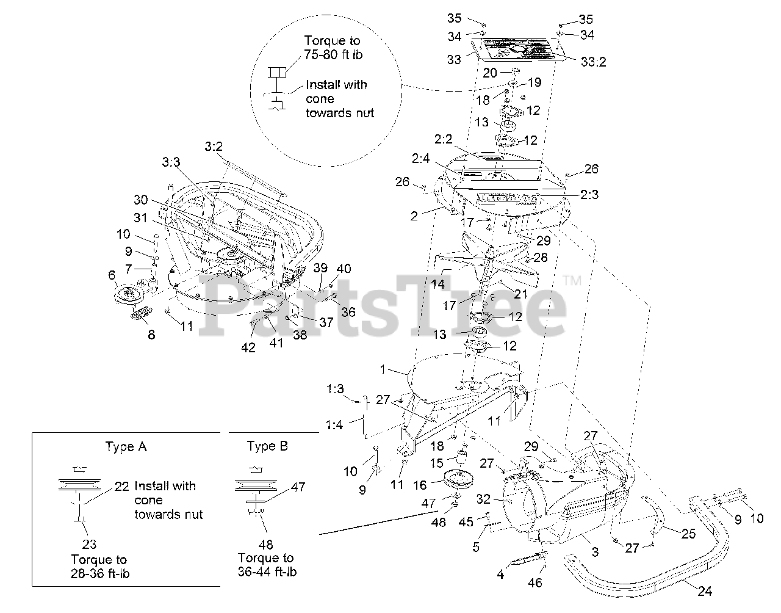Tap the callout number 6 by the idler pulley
(x=112, y=275)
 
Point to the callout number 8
(x=151, y=334)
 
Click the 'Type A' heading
(x=126, y=446)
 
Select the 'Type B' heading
(x=267, y=446)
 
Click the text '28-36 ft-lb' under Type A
(x=100, y=573)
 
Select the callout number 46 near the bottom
(x=534, y=582)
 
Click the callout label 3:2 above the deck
(x=214, y=147)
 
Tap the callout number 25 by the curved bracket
(x=688, y=534)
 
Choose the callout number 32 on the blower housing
(x=483, y=499)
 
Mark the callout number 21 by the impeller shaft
(x=520, y=294)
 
